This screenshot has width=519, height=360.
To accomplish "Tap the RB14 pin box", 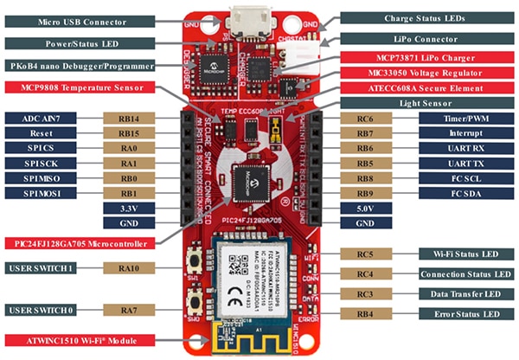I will click(x=127, y=118).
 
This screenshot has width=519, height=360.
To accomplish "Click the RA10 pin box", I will click(x=127, y=268).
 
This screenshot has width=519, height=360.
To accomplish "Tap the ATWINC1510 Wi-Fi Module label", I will click(x=82, y=340).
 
